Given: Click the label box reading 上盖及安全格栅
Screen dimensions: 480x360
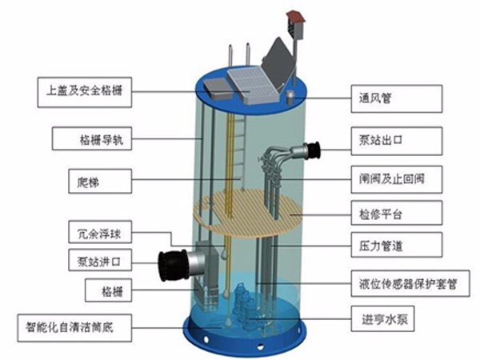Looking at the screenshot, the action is click(x=85, y=92).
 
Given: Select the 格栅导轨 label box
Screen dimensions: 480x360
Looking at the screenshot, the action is click(x=92, y=139).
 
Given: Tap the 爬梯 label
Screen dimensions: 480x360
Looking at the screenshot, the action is click(x=100, y=182).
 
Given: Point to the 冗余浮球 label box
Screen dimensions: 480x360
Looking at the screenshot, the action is click(x=100, y=232).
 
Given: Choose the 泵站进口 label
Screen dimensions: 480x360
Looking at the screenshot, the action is click(x=100, y=260).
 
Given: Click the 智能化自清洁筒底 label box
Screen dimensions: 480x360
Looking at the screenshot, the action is click(x=74, y=328).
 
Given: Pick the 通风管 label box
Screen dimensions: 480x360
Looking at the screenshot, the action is click(x=397, y=98).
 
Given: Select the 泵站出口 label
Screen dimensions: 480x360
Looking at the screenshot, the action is click(x=397, y=141).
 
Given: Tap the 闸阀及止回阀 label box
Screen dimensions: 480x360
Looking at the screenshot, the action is click(x=397, y=179).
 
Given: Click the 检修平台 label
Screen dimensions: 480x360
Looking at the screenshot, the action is click(x=397, y=213).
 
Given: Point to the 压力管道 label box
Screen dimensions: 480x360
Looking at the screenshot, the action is click(x=397, y=245).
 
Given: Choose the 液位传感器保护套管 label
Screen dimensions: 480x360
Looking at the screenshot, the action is click(x=410, y=283).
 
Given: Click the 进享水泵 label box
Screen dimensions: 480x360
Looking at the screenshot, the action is click(x=382, y=318).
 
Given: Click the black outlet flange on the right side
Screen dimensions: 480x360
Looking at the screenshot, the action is click(x=312, y=150).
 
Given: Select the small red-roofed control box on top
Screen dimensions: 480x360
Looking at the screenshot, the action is click(x=296, y=25).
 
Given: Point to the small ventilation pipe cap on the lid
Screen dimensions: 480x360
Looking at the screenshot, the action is click(x=290, y=98).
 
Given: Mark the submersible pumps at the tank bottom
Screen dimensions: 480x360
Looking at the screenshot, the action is click(x=246, y=306).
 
